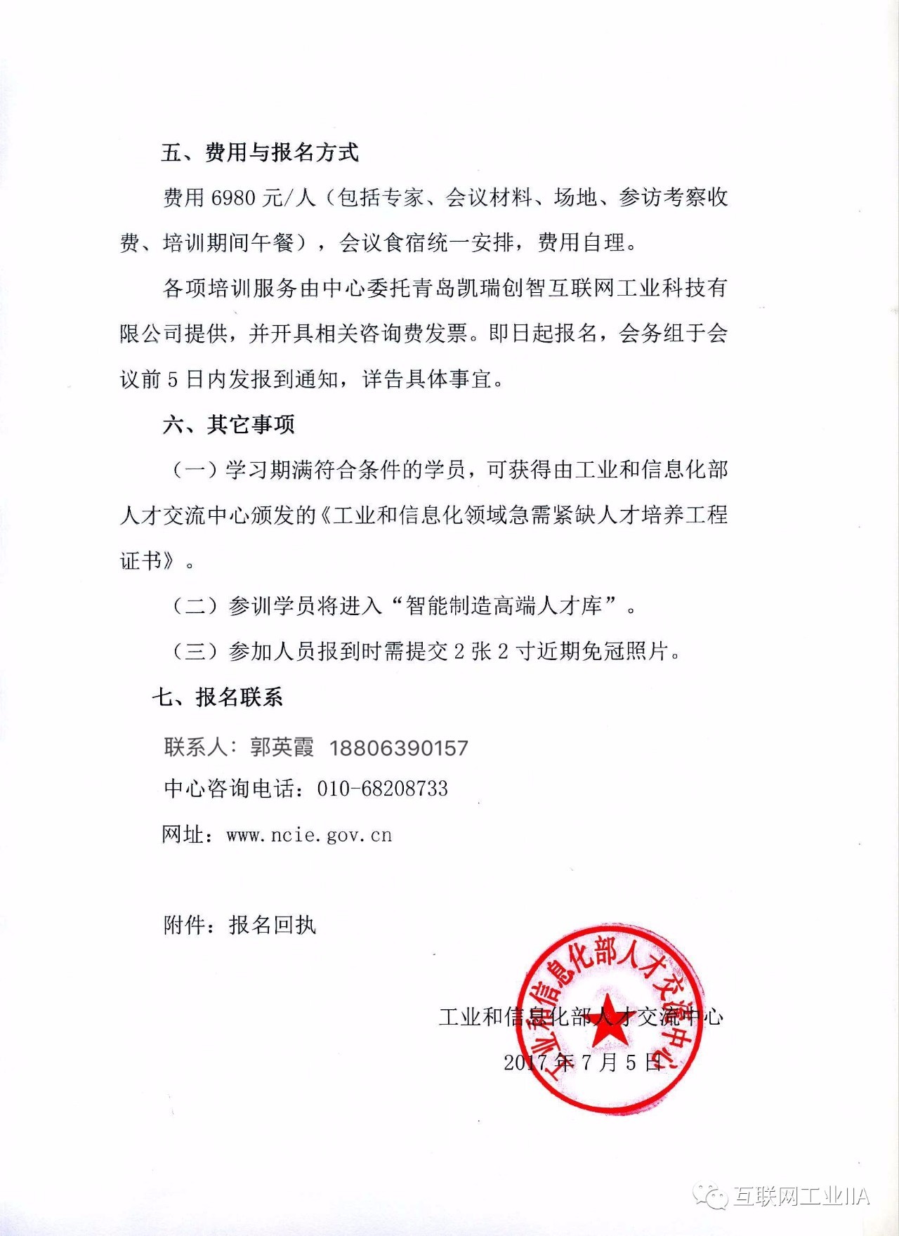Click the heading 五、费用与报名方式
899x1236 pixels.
pos(259,152)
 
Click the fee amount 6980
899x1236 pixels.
pos(233,198)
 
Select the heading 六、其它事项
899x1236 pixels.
pos(229,424)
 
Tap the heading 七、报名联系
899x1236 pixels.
pos(218,697)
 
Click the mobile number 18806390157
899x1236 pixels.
pos(398,748)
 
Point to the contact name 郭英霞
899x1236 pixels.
pos(282,747)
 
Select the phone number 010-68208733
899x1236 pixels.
pos(382,789)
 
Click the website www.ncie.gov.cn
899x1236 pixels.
pos(309,835)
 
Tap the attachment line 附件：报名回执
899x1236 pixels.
pos(239,925)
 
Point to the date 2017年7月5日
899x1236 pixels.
pos(584,1062)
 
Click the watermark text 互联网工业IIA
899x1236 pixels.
pos(801,1196)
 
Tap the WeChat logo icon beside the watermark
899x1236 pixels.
pos(710,1196)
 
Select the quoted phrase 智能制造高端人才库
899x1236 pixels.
pos(504,605)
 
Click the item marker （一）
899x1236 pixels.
pos(195,470)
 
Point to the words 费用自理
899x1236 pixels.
pos(581,243)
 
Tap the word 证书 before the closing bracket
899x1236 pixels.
pos(141,560)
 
